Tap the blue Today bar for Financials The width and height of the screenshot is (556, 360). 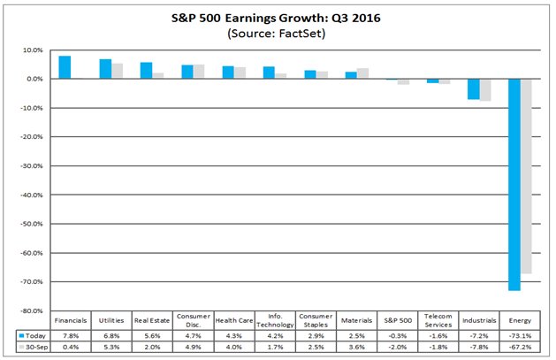click(65, 67)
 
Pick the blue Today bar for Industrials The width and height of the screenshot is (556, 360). click(473, 88)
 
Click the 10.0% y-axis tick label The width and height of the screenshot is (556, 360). click(33, 50)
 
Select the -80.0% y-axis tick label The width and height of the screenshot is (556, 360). click(33, 310)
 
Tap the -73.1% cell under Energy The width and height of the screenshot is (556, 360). click(519, 336)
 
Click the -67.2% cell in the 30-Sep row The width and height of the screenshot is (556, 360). click(519, 348)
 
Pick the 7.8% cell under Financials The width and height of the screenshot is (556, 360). click(71, 336)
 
